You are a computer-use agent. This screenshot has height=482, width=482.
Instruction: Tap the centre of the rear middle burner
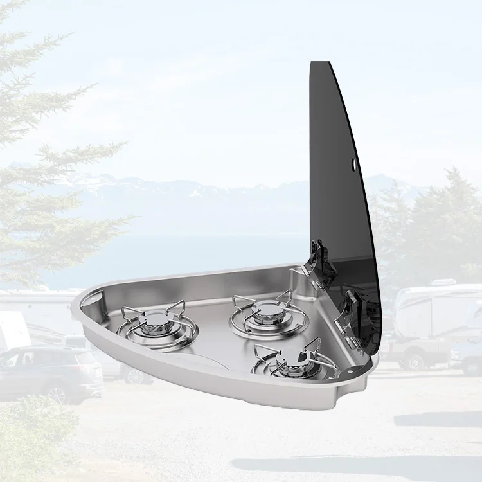coord(264,312)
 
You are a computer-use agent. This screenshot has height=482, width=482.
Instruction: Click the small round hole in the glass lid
coord(354,166)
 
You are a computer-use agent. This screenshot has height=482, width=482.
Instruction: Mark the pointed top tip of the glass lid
coord(312,63)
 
